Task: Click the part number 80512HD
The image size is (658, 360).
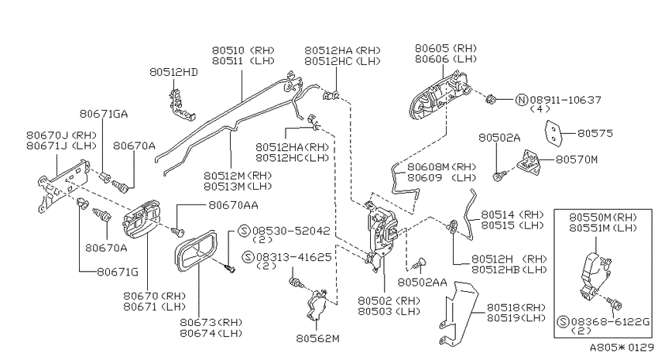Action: pyautogui.click(x=173, y=72)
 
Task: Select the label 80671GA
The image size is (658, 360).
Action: pyautogui.click(x=104, y=114)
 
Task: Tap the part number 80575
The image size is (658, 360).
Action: pyautogui.click(x=595, y=133)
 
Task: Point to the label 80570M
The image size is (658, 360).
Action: pyautogui.click(x=577, y=159)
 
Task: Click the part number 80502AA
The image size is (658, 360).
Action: pyautogui.click(x=422, y=283)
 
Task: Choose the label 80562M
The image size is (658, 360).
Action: pyautogui.click(x=317, y=338)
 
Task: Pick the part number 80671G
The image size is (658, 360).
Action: pyautogui.click(x=118, y=272)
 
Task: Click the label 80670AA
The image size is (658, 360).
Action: pyautogui.click(x=233, y=205)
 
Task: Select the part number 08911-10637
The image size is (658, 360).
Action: pyautogui.click(x=565, y=100)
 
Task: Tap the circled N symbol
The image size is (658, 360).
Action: pyautogui.click(x=521, y=100)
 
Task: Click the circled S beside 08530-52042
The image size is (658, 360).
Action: pyautogui.click(x=244, y=231)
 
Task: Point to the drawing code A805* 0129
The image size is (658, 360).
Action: pyautogui.click(x=622, y=348)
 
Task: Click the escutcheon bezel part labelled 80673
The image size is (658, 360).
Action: pyautogui.click(x=196, y=252)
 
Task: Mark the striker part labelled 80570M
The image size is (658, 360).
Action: pyautogui.click(x=529, y=162)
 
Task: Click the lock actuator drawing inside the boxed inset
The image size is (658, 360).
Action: pyautogui.click(x=594, y=276)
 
